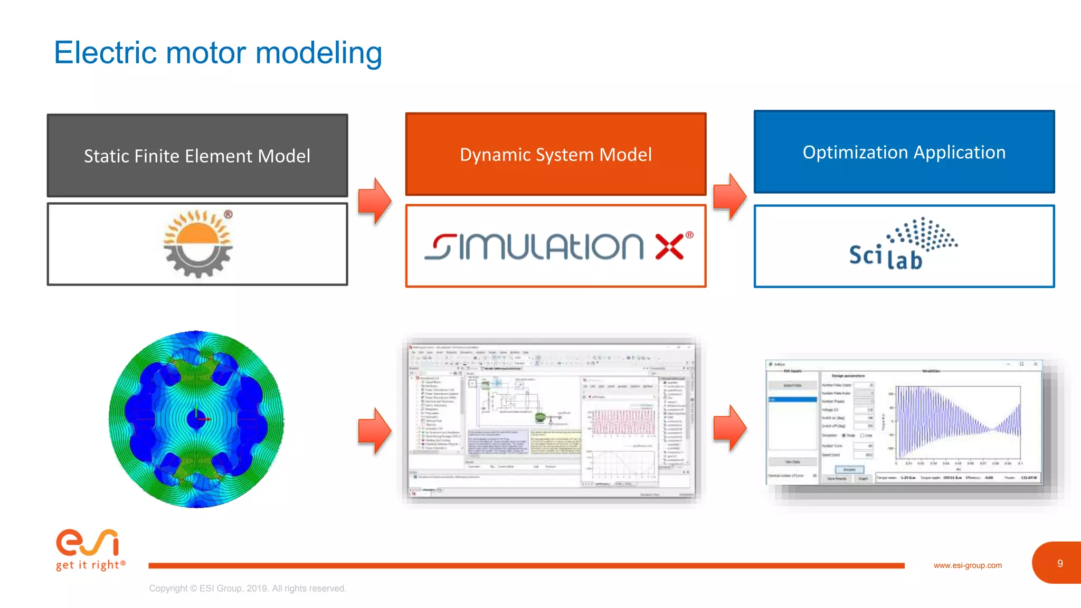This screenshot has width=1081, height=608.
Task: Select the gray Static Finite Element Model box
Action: point(197,156)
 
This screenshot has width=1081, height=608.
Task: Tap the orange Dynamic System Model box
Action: point(555,154)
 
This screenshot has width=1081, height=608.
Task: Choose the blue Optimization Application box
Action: point(904,152)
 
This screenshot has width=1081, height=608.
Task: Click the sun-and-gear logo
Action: point(198,243)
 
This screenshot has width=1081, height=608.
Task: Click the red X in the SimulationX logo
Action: point(669,247)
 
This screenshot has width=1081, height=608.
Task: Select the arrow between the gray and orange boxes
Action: point(374,201)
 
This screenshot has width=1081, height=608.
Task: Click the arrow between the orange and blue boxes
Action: point(729,196)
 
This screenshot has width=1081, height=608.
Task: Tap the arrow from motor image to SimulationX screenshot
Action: point(374,431)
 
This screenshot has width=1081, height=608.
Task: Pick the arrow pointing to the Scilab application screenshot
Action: point(729,428)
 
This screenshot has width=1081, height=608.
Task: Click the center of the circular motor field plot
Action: point(196,419)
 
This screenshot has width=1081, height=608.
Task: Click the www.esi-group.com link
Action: point(967,565)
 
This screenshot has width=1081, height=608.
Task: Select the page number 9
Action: point(1059,563)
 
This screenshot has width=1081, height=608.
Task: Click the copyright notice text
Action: point(247,588)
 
